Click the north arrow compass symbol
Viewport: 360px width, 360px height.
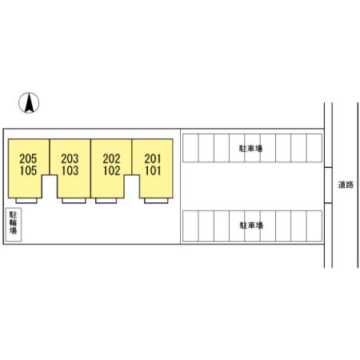29,102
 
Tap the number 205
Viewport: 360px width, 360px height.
28,159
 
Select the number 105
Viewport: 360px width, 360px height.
28,170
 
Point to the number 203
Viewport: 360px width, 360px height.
70,159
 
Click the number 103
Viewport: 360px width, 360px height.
70,170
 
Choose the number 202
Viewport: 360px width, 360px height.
111,159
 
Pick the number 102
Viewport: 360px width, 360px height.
111,170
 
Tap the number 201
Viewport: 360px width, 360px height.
153,159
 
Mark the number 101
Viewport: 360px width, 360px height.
153,170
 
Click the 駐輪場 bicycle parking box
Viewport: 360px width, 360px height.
14,225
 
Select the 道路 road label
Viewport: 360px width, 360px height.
346,185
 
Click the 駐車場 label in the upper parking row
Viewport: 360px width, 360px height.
250,149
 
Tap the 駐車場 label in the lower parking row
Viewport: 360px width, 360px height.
251,226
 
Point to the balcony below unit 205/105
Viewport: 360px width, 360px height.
26,201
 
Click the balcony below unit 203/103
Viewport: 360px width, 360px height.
74,201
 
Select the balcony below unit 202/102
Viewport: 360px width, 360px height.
106,201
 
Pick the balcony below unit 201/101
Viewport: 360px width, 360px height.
156,201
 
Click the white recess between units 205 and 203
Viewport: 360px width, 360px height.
50,186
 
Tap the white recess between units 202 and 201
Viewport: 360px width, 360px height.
132,186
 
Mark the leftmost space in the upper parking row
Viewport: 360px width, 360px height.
190,148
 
